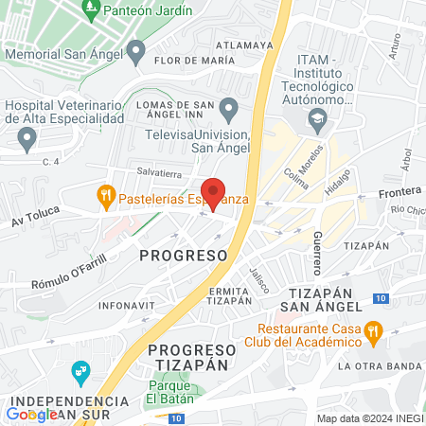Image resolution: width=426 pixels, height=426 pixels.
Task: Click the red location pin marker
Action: click(214, 193)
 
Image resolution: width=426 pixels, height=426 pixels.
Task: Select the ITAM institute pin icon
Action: click(316, 119)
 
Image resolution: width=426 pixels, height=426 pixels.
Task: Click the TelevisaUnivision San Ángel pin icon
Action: click(228, 105)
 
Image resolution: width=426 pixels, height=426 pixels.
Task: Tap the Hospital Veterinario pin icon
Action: click(27, 139)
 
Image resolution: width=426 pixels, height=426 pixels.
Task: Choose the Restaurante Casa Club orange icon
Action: click(373, 331)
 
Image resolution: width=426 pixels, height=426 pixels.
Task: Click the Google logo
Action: click(31, 414)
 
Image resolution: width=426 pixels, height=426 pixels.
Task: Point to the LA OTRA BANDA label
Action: click(379, 365)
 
